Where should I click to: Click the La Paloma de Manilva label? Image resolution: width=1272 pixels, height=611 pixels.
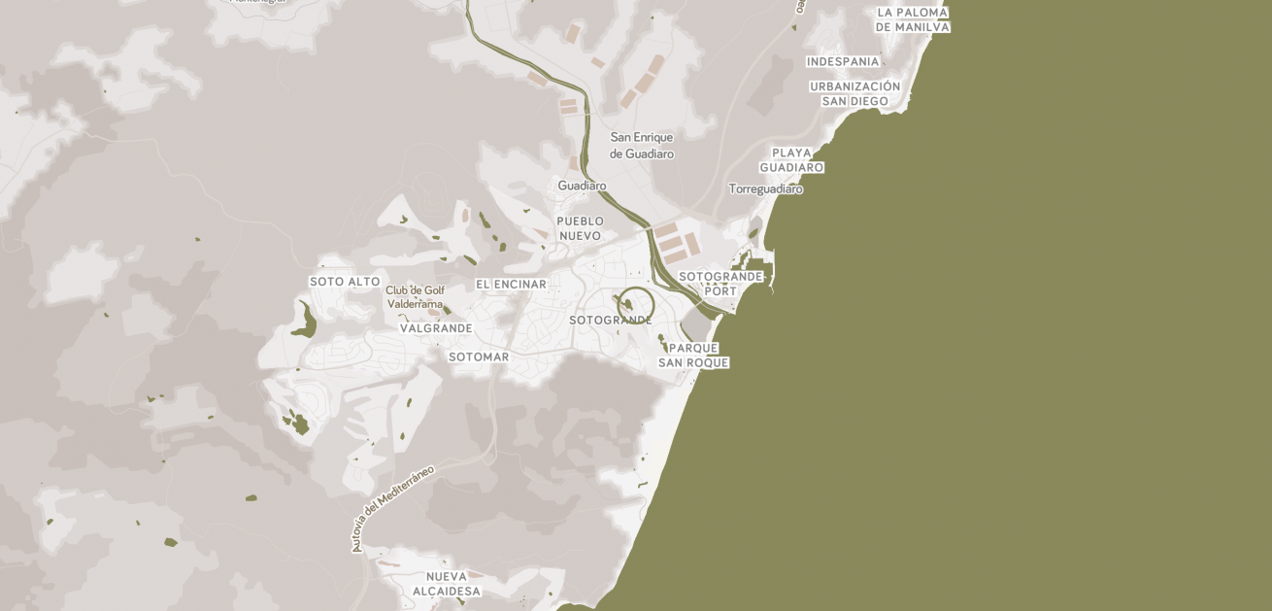point(912,19)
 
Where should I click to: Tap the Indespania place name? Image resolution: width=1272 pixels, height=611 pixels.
point(843,61)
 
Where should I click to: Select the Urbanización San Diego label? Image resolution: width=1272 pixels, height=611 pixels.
point(855,93)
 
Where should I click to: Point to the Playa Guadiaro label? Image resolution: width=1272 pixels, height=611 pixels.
point(791,160)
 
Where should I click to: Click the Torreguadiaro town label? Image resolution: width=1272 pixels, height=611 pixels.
point(766,188)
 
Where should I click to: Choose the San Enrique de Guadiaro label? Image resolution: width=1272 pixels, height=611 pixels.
point(641,146)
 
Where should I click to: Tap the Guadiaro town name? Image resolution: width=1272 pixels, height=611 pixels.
point(582,186)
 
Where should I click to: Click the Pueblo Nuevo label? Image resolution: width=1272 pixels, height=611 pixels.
point(580,228)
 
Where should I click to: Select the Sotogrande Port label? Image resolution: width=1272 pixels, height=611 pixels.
point(720,284)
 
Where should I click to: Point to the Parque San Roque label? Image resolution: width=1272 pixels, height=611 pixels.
point(693,356)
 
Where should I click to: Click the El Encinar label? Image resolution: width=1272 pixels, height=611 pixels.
point(511,284)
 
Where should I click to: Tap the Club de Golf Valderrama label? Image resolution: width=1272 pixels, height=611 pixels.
point(415,296)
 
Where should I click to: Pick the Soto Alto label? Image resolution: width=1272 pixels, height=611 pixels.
point(345,282)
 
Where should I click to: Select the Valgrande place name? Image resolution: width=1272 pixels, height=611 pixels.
point(436,328)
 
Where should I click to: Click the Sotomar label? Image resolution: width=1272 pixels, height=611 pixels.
point(479,356)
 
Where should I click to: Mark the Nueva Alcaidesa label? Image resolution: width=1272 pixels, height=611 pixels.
point(447,584)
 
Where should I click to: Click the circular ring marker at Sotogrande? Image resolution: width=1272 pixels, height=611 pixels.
point(636,305)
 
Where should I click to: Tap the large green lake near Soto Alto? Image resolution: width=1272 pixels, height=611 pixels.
point(304,322)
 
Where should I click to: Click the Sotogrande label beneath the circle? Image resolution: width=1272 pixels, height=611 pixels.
point(611,321)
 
